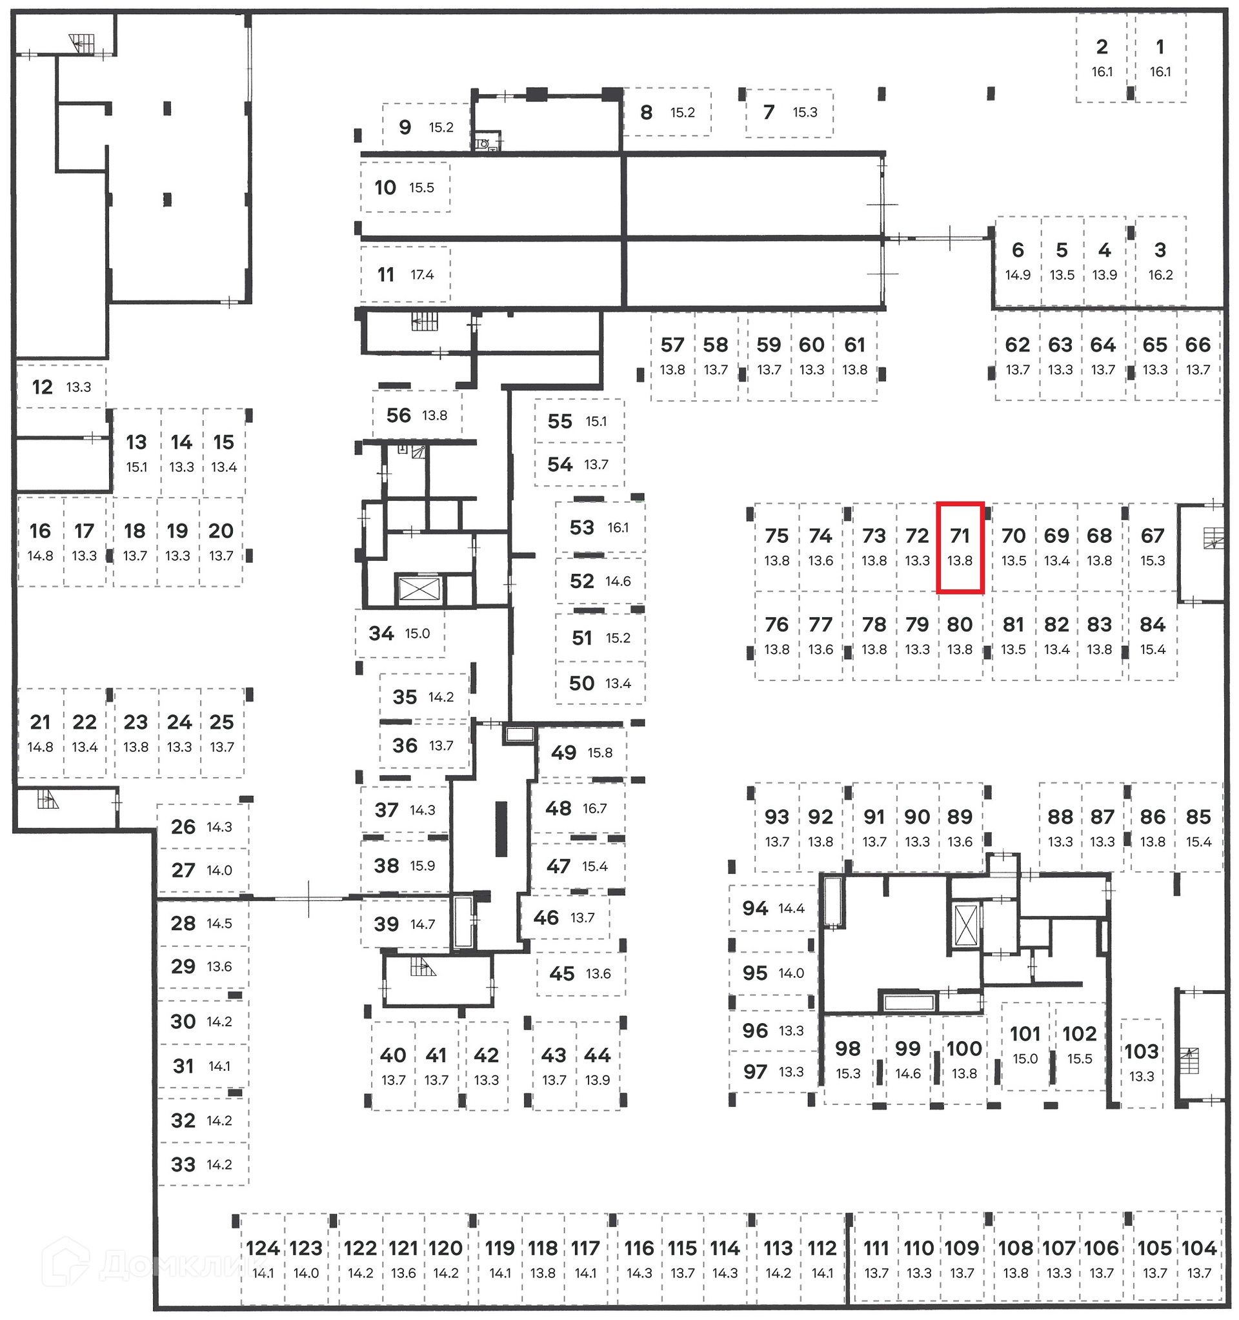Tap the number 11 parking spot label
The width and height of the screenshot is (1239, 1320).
[386, 274]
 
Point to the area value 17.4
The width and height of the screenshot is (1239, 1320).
[422, 275]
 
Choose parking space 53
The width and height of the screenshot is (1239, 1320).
[599, 527]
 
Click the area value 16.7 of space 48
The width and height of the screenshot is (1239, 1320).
[595, 808]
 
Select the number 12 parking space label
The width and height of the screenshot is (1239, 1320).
[43, 387]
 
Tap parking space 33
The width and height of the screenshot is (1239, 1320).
[202, 1164]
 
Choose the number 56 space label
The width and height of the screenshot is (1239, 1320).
[398, 415]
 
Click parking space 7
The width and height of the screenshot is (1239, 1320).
[788, 112]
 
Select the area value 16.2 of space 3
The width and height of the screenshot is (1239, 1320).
[1160, 275]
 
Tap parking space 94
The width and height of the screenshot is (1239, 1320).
[773, 908]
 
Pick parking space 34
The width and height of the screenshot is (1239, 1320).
[399, 633]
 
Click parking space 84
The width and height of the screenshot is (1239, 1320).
[1152, 635]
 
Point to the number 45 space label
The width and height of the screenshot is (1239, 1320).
[561, 973]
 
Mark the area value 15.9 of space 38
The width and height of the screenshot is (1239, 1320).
[422, 866]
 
